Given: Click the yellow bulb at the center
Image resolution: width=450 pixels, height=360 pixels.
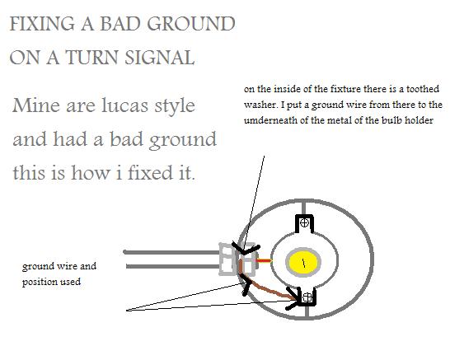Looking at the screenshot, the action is click(x=303, y=262).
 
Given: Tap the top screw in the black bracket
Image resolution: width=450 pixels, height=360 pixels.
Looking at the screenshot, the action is click(x=304, y=222).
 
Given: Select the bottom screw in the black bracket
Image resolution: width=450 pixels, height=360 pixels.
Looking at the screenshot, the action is click(x=307, y=297).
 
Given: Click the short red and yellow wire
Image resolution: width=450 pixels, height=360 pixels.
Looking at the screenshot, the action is click(x=264, y=261).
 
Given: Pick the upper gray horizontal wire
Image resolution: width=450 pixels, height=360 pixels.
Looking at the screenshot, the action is click(x=171, y=252).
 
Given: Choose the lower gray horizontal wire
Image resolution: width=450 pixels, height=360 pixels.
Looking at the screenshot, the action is click(x=173, y=266).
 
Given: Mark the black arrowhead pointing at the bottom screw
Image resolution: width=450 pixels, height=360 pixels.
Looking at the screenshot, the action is click(x=293, y=300).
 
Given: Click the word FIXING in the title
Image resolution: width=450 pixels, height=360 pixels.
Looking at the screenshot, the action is click(x=42, y=24).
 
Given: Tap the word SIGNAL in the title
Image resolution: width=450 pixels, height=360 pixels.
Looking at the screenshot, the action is click(x=160, y=57).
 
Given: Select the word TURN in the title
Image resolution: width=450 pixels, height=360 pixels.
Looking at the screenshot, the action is click(x=91, y=57).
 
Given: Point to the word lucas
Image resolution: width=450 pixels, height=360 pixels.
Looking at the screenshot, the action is click(x=125, y=105).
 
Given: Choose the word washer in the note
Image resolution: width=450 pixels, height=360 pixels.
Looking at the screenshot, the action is click(x=260, y=105).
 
